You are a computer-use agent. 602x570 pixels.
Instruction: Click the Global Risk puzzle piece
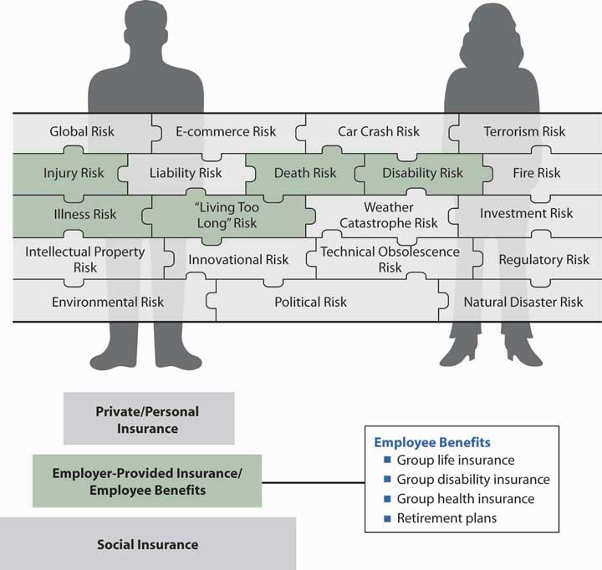(82, 131)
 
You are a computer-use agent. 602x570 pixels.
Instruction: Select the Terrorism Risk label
(524, 131)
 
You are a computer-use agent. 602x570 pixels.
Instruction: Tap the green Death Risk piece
(304, 173)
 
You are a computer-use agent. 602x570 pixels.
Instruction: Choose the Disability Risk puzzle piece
(422, 173)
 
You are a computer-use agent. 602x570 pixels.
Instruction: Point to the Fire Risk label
(537, 173)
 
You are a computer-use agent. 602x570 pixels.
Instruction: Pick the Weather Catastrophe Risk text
(389, 215)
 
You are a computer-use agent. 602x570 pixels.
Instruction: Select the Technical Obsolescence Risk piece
(390, 259)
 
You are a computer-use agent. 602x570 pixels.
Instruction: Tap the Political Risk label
(310, 302)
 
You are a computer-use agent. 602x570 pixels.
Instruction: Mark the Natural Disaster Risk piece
(523, 302)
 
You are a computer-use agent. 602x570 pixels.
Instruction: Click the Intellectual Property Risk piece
(85, 259)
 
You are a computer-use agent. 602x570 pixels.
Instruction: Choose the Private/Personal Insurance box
(148, 420)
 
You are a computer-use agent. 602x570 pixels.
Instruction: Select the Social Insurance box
(147, 544)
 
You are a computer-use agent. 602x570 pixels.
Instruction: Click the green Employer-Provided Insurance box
(147, 481)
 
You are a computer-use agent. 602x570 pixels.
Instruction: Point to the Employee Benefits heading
(431, 442)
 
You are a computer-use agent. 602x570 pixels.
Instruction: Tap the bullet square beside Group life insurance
(387, 461)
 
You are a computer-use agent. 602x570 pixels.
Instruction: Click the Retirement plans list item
(447, 518)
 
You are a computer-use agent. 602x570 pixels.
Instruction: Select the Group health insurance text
(466, 499)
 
